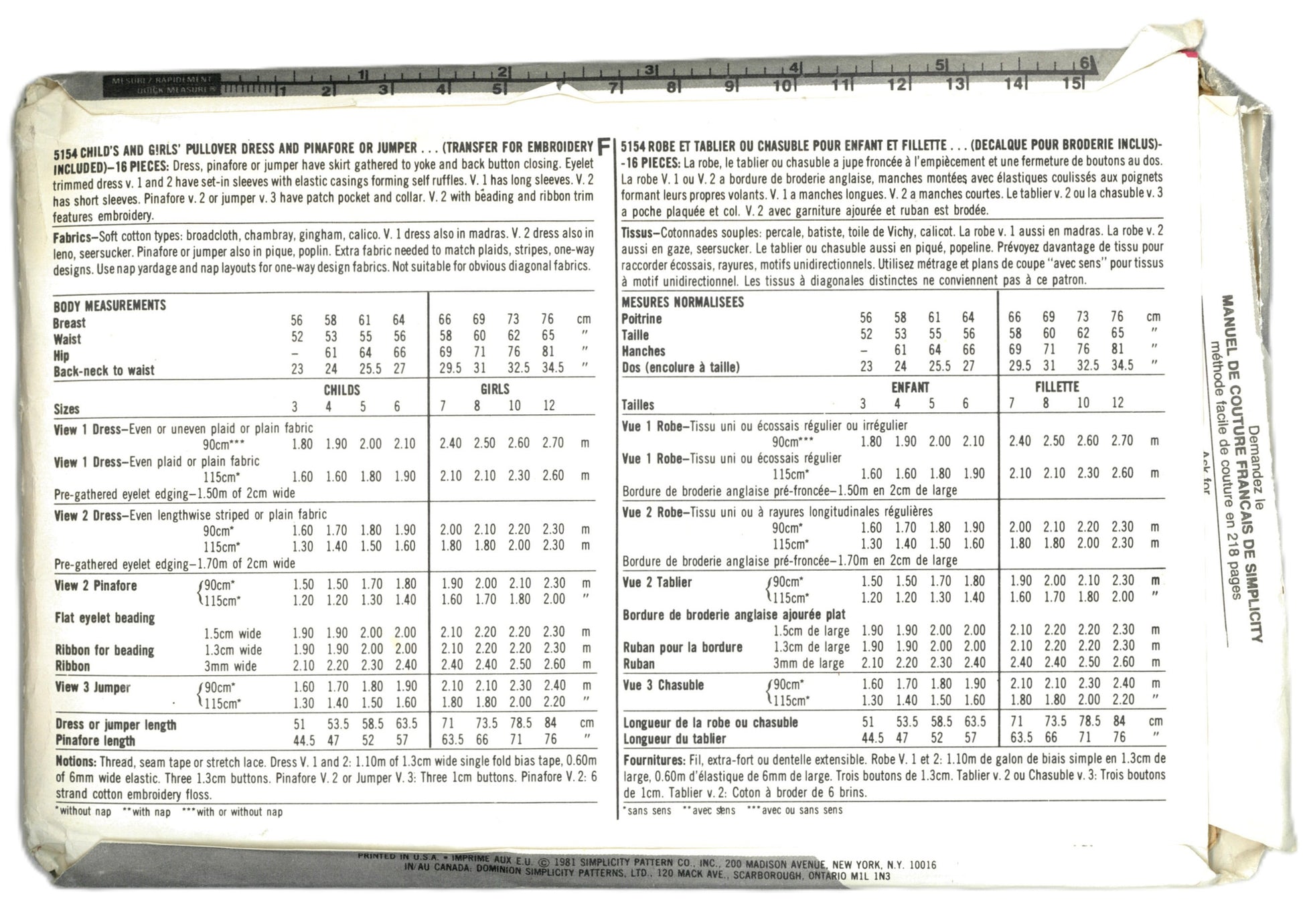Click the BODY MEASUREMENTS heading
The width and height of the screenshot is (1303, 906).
(109, 306)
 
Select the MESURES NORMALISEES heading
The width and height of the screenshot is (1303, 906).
(682, 302)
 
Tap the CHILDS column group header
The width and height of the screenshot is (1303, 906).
(341, 390)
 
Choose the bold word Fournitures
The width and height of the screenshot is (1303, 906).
(653, 761)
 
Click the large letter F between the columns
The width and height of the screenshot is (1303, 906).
(603, 147)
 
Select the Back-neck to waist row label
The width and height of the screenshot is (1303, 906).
(104, 371)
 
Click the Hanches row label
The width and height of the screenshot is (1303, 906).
(643, 351)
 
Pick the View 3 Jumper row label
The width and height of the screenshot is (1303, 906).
(92, 688)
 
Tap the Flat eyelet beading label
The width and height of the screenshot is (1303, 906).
(104, 618)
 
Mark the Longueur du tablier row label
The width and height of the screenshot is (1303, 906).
(674, 739)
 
